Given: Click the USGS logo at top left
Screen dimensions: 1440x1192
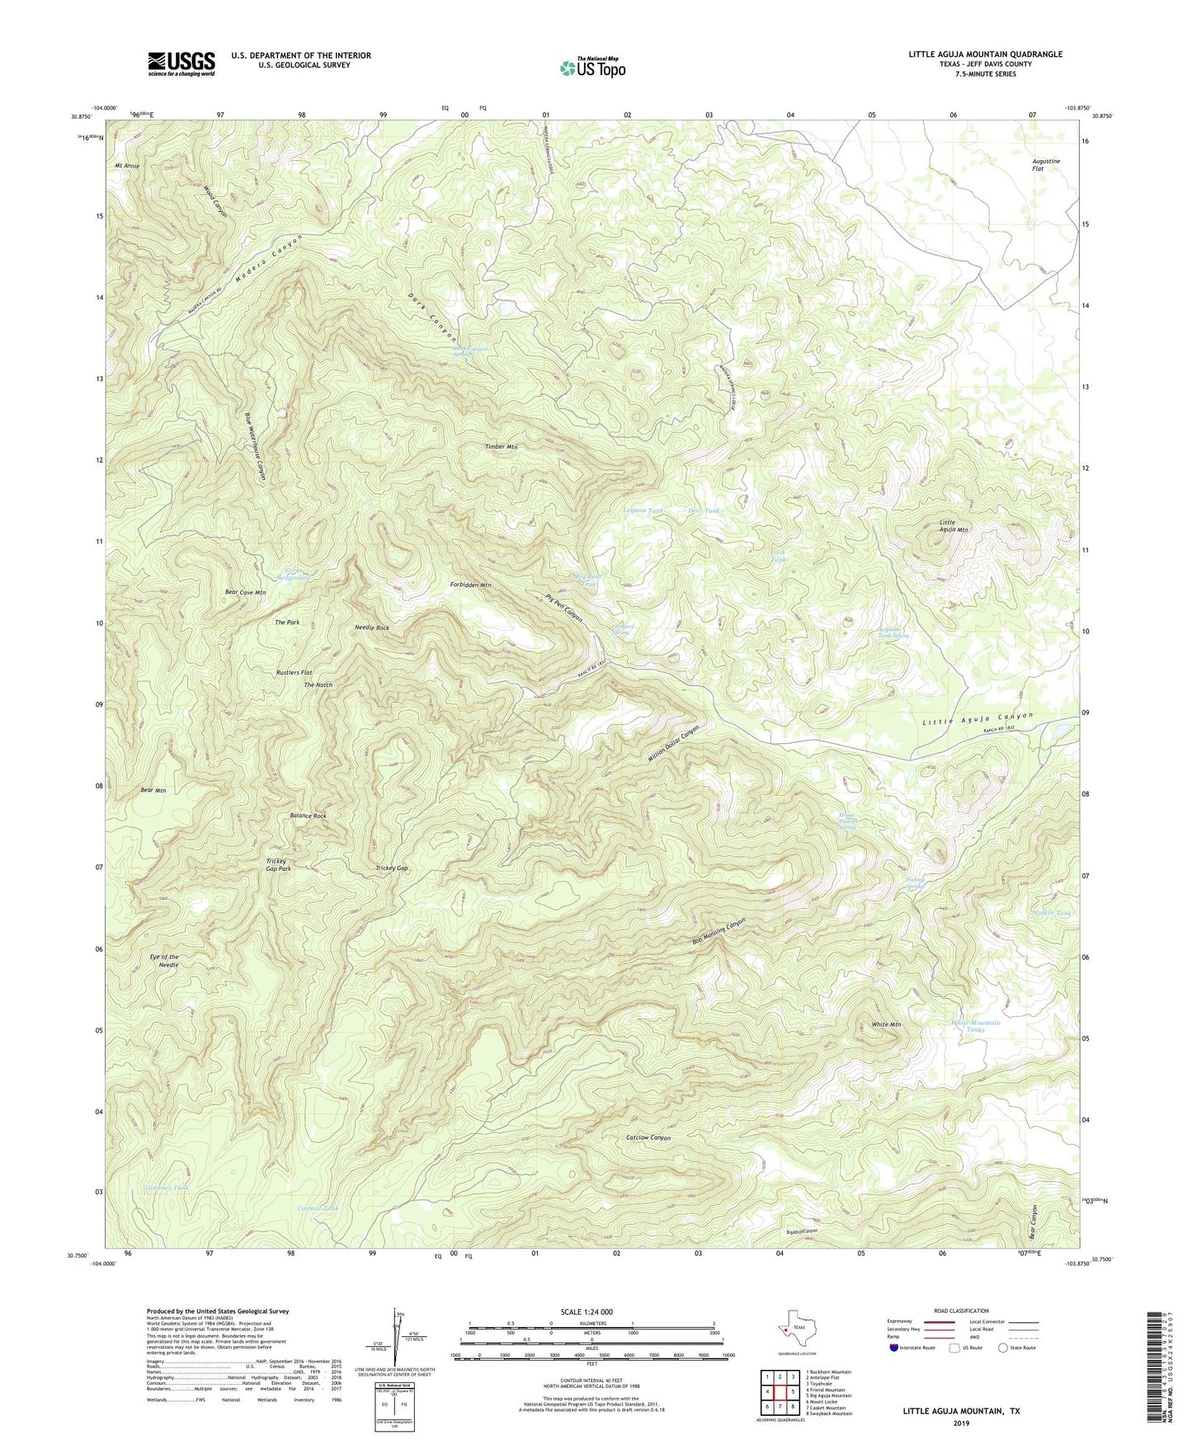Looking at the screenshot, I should (181, 64).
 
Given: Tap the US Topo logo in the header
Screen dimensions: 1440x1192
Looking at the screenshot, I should (591, 68).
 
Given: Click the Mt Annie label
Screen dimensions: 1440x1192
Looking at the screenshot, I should (127, 165).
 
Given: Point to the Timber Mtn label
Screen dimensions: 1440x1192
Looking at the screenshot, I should (501, 446).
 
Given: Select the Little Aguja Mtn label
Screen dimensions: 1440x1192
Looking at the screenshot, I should (954, 525).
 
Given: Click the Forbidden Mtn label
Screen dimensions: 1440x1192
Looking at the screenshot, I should (470, 585).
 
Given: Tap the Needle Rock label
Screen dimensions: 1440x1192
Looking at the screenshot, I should (371, 628).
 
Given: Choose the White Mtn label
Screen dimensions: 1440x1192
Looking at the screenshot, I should (886, 1024).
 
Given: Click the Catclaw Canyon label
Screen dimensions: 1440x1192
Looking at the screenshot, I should (648, 1137).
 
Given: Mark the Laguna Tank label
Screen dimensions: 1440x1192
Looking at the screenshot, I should (643, 511).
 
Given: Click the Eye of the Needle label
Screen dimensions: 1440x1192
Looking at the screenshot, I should (164, 961).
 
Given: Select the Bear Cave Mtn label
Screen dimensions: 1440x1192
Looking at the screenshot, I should (245, 592).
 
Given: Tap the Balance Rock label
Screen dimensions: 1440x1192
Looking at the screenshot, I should (308, 816).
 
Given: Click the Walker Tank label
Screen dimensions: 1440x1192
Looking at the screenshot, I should (1051, 913).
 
